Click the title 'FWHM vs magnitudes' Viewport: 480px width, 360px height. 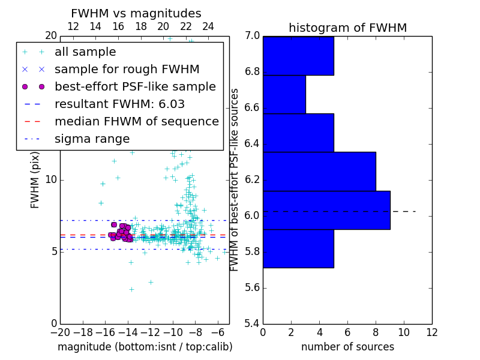136,13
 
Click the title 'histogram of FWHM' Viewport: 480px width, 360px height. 347,28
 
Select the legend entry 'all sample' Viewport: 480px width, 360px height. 85,52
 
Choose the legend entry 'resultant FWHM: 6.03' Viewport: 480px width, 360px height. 119,104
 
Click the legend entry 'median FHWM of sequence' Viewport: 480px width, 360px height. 136,122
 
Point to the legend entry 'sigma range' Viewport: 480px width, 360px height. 92,139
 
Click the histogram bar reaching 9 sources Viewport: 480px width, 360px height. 326,210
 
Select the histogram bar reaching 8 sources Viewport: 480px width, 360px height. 319,172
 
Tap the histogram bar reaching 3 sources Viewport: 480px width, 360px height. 284,94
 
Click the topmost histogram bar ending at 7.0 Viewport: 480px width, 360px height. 298,56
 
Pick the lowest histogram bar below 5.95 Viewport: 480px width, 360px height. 298,248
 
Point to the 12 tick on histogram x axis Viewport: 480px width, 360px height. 432,332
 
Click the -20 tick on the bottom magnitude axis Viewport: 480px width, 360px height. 60,332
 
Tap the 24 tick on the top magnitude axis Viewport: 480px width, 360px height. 208,26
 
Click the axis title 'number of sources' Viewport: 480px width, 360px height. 347,347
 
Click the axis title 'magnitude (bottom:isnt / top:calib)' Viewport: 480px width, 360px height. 145,347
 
